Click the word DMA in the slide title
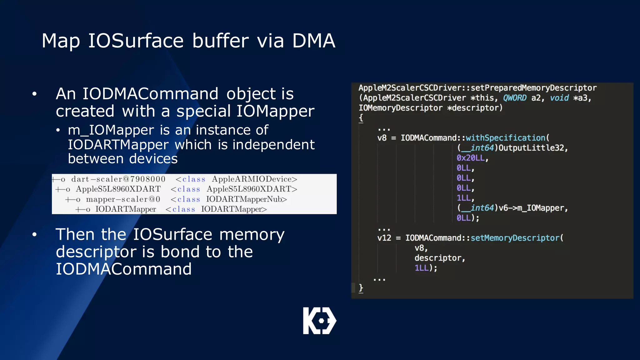313,41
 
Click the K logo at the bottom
319,321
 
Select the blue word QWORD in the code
515,98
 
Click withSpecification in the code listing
505,138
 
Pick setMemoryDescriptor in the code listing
515,238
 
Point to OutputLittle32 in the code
532,148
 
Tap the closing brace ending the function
361,287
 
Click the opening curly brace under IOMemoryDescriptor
361,118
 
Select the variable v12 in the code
384,238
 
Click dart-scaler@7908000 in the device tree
118,179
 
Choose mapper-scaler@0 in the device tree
123,199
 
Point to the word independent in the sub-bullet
273,145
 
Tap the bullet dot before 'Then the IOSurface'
34,234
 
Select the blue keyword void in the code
559,98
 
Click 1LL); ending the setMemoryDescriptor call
426,268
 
